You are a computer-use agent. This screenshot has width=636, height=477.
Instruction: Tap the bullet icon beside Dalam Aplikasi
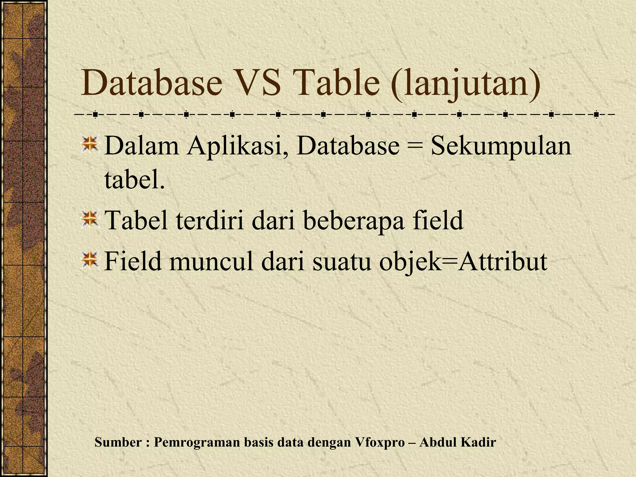[x=90, y=144]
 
